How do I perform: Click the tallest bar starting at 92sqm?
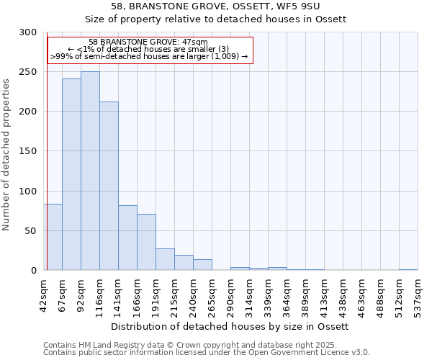pyautogui.click(x=90, y=171)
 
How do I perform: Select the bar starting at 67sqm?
pyautogui.click(x=71, y=174)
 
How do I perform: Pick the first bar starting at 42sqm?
pyautogui.click(x=53, y=237)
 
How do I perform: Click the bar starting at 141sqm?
pyautogui.click(x=127, y=238)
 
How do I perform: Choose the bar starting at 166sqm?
pyautogui.click(x=146, y=242)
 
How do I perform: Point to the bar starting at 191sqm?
pyautogui.click(x=165, y=259)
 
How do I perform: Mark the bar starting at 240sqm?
pyautogui.click(x=202, y=265)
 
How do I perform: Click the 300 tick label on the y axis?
pyautogui.click(x=28, y=32)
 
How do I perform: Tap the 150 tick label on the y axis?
pyautogui.click(x=28, y=151)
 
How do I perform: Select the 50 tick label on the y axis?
pyautogui.click(x=31, y=230)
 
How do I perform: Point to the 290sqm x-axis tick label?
pyautogui.click(x=230, y=295)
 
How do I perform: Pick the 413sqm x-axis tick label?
pyautogui.click(x=324, y=295)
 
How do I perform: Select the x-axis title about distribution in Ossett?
pyautogui.click(x=230, y=326)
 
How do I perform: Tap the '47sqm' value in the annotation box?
pyautogui.click(x=194, y=42)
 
